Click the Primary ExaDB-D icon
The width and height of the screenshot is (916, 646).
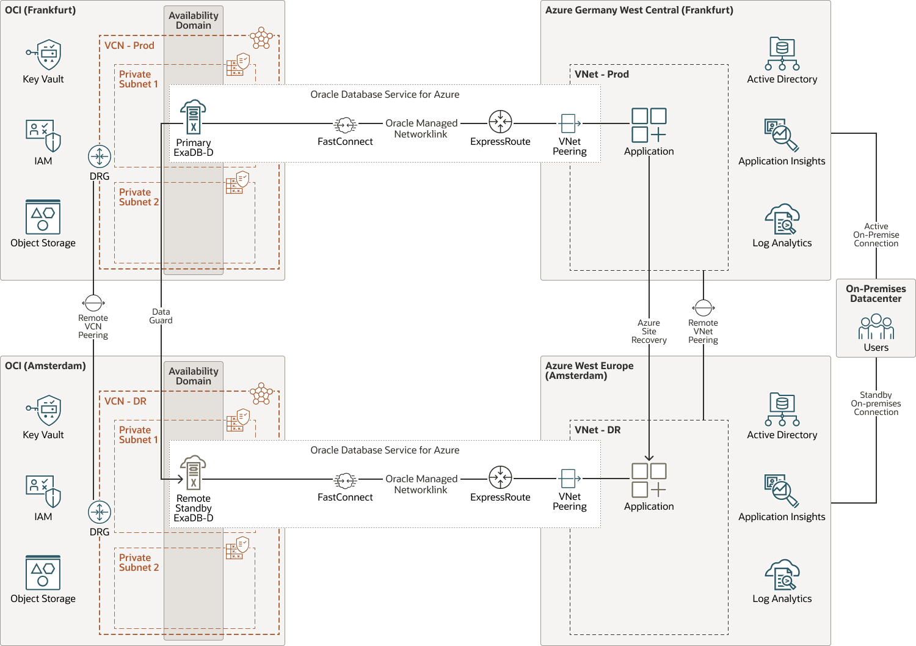(x=193, y=117)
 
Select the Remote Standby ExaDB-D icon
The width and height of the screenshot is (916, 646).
(x=193, y=472)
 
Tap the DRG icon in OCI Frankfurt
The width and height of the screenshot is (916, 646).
(x=100, y=156)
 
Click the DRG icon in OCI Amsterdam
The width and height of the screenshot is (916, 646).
(x=100, y=512)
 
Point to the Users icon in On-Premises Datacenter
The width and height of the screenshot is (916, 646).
(x=876, y=327)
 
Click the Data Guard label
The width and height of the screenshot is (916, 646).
(x=161, y=316)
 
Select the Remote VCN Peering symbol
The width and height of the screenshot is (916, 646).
(x=93, y=303)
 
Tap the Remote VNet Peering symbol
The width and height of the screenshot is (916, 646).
(x=703, y=307)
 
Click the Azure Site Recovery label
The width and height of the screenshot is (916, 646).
(x=649, y=331)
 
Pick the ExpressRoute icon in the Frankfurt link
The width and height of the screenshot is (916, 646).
(x=500, y=122)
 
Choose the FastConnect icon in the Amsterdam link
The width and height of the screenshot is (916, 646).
(x=345, y=480)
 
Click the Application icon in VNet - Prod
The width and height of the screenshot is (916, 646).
(x=649, y=125)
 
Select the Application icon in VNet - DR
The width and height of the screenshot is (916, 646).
(x=649, y=480)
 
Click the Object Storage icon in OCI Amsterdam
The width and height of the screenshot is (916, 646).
(x=43, y=573)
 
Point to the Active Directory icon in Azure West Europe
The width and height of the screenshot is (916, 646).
(x=782, y=409)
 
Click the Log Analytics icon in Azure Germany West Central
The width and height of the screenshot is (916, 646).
(x=782, y=219)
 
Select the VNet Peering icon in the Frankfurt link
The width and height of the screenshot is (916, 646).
(x=569, y=123)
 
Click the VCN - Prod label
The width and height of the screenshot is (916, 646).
(x=129, y=46)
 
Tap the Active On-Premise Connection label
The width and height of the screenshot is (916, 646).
(x=876, y=235)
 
